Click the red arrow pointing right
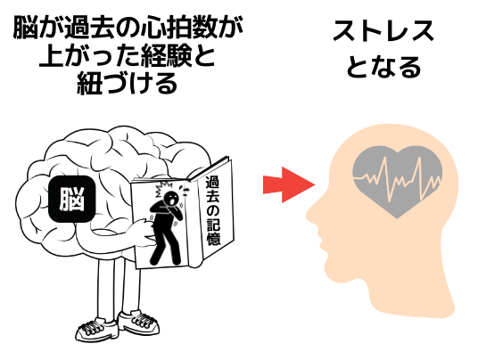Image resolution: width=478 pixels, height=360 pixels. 288,184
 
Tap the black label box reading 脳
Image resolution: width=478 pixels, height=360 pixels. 72,199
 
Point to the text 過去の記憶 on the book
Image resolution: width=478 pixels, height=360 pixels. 213,211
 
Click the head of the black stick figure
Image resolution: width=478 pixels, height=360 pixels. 170,199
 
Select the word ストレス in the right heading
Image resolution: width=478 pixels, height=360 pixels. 383,31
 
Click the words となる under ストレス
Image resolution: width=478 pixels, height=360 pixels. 383,67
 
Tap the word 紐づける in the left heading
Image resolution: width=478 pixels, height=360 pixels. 128,83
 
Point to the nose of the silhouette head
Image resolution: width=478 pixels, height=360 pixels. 311,214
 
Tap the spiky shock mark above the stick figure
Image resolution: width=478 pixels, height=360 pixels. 162,188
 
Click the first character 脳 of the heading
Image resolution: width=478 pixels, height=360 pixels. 25,29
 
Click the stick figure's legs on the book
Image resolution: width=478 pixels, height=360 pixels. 165,247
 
